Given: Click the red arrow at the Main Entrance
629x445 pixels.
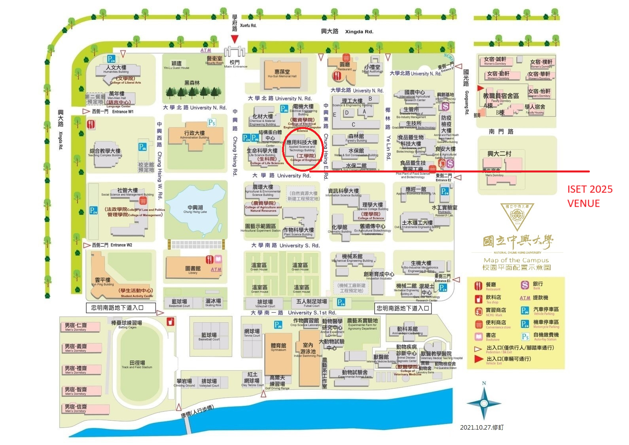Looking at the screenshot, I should (x=235, y=39).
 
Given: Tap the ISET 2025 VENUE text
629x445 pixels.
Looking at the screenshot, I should (x=589, y=196).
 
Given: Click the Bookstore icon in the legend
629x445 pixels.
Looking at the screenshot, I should (x=478, y=336).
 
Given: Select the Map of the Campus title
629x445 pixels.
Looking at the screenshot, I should (x=516, y=260).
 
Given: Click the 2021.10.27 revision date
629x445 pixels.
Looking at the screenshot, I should (x=481, y=427).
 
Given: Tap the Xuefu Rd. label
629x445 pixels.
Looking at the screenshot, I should (x=248, y=25).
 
